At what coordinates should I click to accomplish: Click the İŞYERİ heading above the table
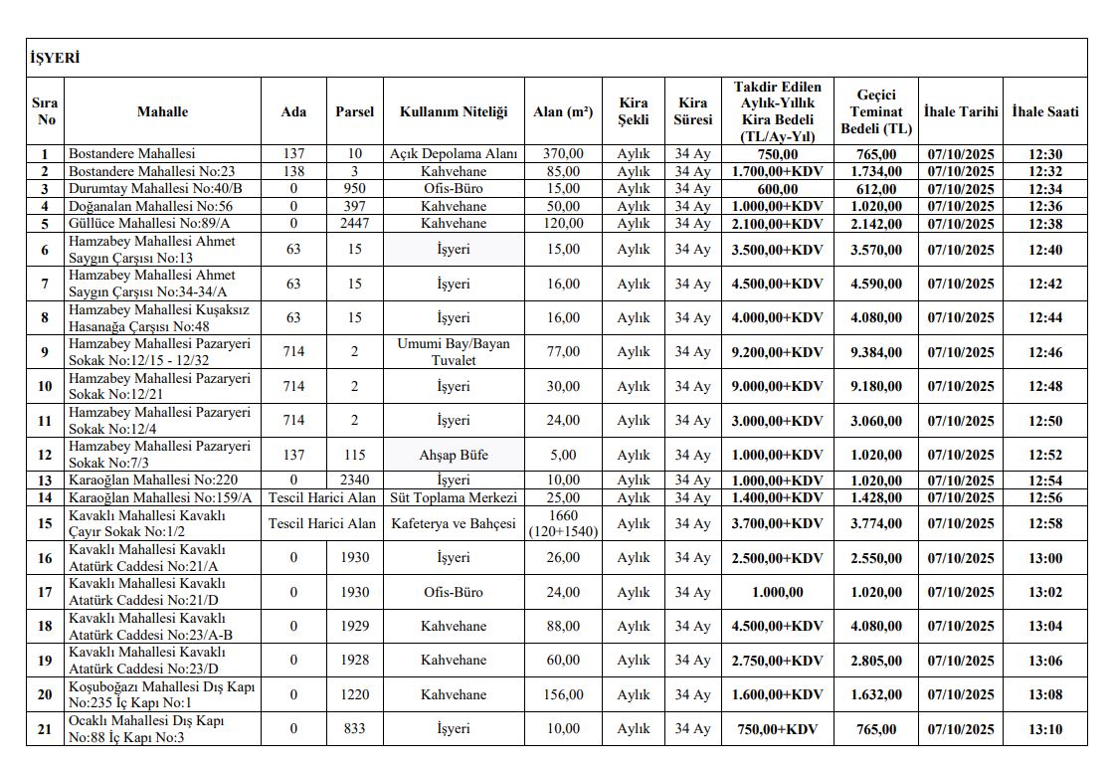(x=55, y=59)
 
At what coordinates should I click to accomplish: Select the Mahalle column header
(x=162, y=111)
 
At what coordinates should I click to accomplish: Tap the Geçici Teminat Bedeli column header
(x=875, y=111)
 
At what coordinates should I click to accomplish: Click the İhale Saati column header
(x=1044, y=111)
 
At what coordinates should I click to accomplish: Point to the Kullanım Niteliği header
(x=454, y=111)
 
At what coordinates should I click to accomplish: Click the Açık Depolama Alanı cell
(x=454, y=154)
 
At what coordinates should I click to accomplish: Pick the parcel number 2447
(x=354, y=224)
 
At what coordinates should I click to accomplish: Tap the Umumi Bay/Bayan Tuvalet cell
(x=454, y=352)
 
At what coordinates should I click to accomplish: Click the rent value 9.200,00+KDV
(x=777, y=352)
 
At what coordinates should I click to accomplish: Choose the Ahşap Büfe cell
(x=454, y=455)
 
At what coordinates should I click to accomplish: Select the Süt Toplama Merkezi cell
(x=454, y=497)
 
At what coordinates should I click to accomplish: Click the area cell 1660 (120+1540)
(x=563, y=523)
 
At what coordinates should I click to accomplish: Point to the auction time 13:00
(x=1044, y=558)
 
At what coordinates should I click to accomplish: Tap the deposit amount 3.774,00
(x=875, y=523)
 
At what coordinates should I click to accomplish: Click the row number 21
(x=45, y=729)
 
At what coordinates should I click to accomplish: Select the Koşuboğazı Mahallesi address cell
(x=162, y=694)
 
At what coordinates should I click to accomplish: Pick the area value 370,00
(x=563, y=154)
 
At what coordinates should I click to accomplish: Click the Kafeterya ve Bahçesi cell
(x=454, y=523)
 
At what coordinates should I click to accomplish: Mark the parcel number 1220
(x=354, y=694)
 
